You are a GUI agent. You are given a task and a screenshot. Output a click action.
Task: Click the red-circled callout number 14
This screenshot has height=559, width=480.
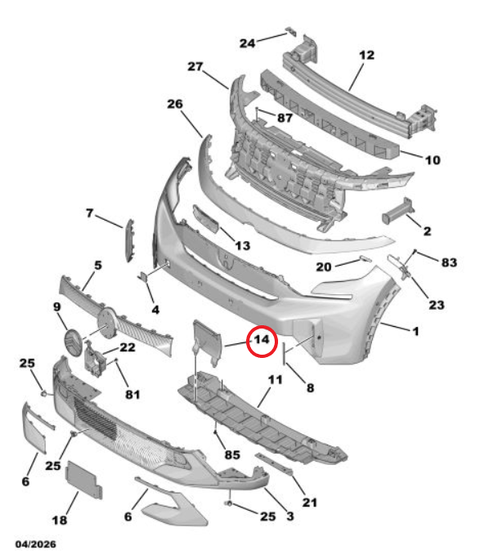click(x=262, y=340)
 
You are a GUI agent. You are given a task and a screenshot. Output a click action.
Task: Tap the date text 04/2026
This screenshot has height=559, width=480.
click(x=36, y=544)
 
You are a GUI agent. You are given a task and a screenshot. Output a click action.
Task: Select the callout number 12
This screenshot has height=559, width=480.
click(x=366, y=56)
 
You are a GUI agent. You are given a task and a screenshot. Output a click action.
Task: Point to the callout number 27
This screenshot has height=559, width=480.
click(x=195, y=67)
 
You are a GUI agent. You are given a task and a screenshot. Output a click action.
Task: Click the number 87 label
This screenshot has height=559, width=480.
click(x=285, y=118)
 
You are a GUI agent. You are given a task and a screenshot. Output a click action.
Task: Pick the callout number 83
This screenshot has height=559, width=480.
click(x=449, y=262)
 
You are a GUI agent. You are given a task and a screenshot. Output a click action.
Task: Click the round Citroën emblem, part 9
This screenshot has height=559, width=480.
click(x=73, y=343)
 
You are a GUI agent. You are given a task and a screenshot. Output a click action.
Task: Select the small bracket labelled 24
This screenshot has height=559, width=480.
click(x=291, y=31)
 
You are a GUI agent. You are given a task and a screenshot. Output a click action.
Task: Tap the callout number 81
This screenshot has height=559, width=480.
click(x=132, y=394)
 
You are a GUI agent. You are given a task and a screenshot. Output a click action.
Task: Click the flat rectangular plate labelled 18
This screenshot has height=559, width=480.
click(x=84, y=480)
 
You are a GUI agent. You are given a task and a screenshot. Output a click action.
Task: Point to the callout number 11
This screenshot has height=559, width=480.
click(x=275, y=380)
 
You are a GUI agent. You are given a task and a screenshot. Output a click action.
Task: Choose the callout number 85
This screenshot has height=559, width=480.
click(x=232, y=455)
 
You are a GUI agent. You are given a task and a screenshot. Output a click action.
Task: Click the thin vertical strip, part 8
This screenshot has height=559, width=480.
click(x=284, y=353)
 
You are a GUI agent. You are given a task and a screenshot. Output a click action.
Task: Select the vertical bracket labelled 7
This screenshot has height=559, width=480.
click(x=129, y=239)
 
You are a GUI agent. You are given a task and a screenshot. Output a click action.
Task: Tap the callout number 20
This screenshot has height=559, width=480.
click(x=324, y=267)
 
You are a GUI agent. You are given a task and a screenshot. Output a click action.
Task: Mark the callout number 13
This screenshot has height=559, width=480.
click(x=243, y=246)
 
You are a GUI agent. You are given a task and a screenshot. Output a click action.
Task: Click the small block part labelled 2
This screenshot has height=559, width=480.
click(x=397, y=212)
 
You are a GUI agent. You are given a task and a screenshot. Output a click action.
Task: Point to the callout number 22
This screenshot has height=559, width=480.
click(x=128, y=347)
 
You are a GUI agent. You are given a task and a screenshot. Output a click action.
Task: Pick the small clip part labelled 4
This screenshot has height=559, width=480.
click(x=143, y=277)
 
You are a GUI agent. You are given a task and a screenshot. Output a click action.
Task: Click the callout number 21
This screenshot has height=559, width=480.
click(x=310, y=503)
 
